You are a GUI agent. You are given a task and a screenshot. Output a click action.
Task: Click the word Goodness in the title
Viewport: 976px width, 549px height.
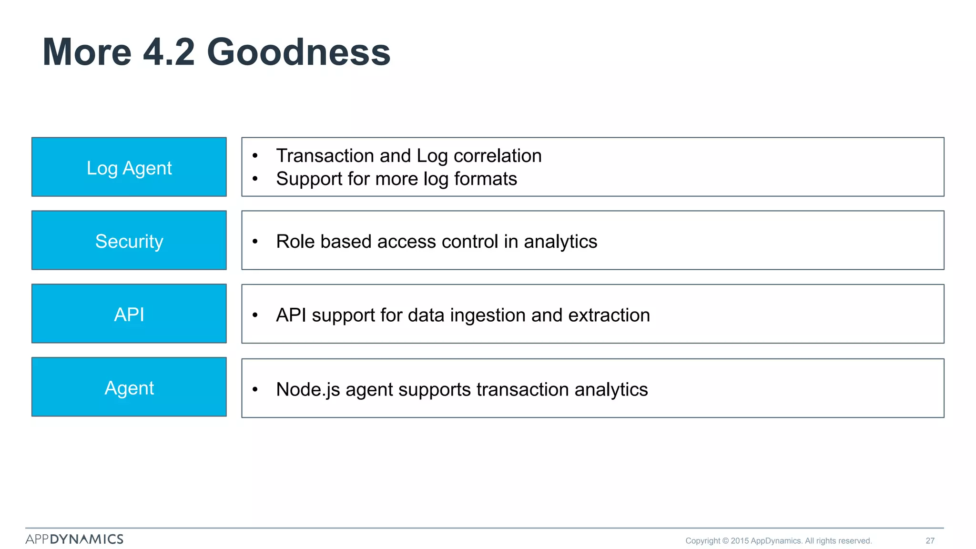click(x=298, y=52)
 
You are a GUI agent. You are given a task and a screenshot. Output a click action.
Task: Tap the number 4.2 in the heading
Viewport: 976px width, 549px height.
click(x=169, y=52)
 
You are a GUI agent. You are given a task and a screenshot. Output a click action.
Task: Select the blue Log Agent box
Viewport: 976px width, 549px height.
click(x=129, y=167)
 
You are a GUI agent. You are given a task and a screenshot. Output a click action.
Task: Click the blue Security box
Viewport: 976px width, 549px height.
click(x=129, y=240)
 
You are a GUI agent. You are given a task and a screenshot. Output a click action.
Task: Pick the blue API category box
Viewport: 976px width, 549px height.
click(x=129, y=314)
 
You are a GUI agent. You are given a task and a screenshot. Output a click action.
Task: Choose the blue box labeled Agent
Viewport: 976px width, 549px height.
click(x=129, y=387)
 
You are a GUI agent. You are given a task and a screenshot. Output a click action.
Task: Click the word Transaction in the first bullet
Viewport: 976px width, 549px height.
click(x=325, y=156)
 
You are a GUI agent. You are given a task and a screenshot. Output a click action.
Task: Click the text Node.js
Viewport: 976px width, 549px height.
click(x=308, y=389)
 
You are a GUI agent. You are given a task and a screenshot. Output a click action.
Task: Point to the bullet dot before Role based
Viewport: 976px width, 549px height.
click(x=255, y=242)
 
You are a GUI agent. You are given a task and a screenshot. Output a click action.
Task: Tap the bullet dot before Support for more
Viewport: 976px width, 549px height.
click(x=255, y=179)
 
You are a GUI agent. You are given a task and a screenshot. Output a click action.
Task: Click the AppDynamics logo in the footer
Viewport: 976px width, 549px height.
click(x=74, y=539)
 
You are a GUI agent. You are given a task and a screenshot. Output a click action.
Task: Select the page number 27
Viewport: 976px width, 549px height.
click(x=930, y=540)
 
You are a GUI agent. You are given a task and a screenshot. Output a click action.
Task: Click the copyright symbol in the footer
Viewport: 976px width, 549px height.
click(x=725, y=540)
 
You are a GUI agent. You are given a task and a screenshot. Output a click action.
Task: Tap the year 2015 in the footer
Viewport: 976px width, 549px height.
click(x=740, y=540)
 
